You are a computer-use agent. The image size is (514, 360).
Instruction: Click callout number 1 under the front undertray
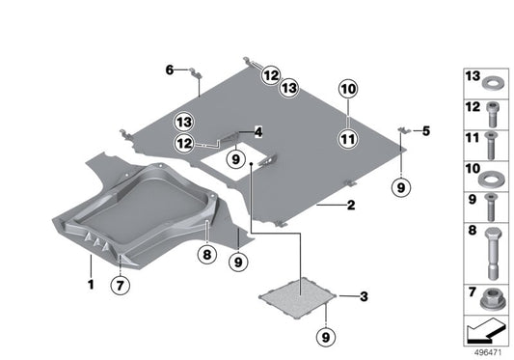(91, 286)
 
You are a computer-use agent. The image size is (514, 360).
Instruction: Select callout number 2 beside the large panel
(351, 206)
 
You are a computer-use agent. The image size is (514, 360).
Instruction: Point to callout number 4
(257, 130)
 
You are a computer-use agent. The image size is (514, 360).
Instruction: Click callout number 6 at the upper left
(170, 69)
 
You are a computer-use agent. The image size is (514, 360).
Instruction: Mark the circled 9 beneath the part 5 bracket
(403, 187)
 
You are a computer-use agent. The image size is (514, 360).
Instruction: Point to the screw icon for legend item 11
(491, 146)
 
